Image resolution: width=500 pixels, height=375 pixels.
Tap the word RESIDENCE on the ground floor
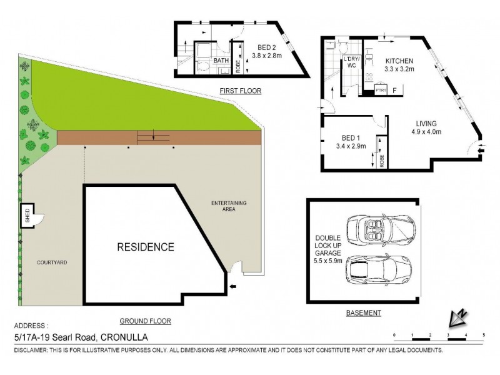pyautogui.click(x=146, y=247)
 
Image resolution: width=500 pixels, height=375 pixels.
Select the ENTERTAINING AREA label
pyautogui.click(x=229, y=206)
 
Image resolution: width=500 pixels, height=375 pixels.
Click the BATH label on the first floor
pyautogui.click(x=221, y=61)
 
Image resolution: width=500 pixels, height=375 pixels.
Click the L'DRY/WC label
pyautogui.click(x=351, y=62)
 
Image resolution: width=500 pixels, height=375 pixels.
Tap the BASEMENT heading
pyautogui.click(x=363, y=313)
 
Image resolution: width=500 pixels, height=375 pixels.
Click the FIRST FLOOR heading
pyautogui.click(x=240, y=91)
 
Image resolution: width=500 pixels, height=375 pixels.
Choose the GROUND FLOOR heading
pyautogui.click(x=146, y=321)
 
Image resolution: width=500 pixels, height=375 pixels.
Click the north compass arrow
pyautogui.click(x=457, y=319)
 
